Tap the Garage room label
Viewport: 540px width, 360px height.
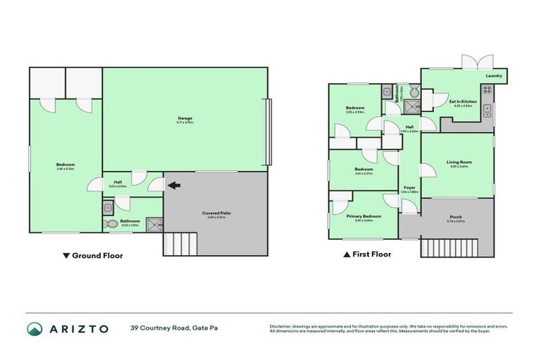(x=184, y=120)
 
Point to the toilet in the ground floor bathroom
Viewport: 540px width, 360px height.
(x=111, y=224)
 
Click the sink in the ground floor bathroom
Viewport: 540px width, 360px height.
(x=108, y=207)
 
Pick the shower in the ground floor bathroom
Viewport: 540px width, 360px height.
(x=155, y=225)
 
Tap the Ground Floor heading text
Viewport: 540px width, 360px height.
(x=98, y=256)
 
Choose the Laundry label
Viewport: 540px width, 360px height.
(x=494, y=75)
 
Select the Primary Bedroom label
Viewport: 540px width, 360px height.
(x=364, y=217)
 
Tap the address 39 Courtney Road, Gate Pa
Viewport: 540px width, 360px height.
(x=173, y=328)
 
